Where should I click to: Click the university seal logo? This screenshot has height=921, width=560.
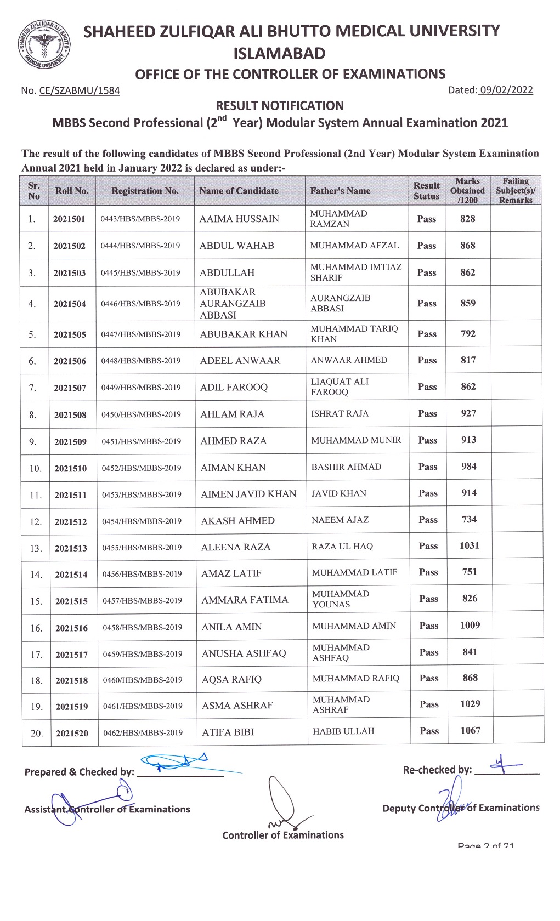(44, 46)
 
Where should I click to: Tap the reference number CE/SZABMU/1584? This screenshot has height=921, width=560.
(80, 91)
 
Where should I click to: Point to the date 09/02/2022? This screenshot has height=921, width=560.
(506, 90)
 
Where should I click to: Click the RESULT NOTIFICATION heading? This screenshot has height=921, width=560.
(280, 106)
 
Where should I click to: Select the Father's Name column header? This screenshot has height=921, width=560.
(340, 191)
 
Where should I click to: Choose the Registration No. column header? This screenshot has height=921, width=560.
(145, 191)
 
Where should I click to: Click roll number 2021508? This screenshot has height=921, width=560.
(70, 415)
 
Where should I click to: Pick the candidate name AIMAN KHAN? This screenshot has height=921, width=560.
(233, 468)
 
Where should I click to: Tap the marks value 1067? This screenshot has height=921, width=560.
(471, 730)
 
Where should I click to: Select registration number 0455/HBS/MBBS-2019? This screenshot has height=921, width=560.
(142, 548)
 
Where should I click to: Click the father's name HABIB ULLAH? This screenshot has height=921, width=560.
(343, 731)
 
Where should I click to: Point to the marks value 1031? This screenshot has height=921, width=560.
(470, 545)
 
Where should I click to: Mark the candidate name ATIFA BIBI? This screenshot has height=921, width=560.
(228, 732)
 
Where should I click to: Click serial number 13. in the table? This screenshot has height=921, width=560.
(36, 548)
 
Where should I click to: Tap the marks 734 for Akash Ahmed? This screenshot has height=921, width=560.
(470, 519)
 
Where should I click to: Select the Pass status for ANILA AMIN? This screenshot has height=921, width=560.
(429, 626)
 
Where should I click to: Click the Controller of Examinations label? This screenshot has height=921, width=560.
(283, 835)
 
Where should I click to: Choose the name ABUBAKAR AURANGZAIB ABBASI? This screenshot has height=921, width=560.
(233, 304)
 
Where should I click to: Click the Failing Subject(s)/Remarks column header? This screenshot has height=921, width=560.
(516, 191)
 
